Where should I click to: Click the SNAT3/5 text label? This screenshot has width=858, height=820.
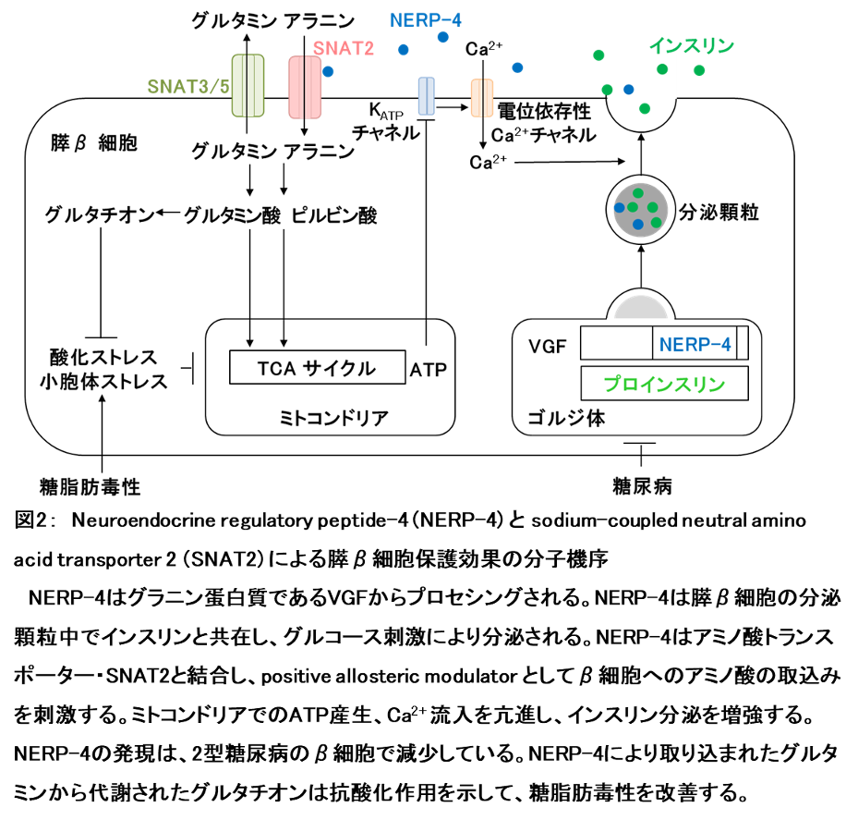pyautogui.click(x=188, y=87)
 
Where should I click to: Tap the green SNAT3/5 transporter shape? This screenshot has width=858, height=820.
pyautogui.click(x=248, y=85)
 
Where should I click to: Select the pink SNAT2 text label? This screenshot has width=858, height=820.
pyautogui.click(x=344, y=49)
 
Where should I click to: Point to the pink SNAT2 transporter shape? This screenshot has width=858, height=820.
pyautogui.click(x=305, y=87)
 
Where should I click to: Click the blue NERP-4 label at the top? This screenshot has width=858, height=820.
pyautogui.click(x=426, y=19)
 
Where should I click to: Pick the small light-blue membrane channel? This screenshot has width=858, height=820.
pyautogui.click(x=426, y=96)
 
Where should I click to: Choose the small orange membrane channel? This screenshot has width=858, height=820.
pyautogui.click(x=482, y=97)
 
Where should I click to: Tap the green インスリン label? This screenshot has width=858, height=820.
pyautogui.click(x=691, y=45)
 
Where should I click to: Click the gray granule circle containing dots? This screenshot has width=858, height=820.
pyautogui.click(x=641, y=209)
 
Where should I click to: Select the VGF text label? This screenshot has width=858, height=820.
pyautogui.click(x=547, y=348)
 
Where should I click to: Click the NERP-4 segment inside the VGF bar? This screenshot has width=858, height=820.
pyautogui.click(x=695, y=344)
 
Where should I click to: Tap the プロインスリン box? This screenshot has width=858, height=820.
pyautogui.click(x=664, y=384)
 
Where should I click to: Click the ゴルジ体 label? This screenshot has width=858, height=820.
pyautogui.click(x=565, y=418)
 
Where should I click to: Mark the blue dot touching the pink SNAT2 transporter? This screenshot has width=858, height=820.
pyautogui.click(x=328, y=71)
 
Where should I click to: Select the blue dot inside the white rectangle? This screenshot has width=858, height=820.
pyautogui.click(x=629, y=90)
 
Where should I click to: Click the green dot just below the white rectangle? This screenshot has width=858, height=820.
pyautogui.click(x=645, y=108)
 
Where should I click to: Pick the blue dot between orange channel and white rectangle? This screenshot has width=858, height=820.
pyautogui.click(x=517, y=67)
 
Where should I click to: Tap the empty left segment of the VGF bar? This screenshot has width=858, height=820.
pyautogui.click(x=616, y=344)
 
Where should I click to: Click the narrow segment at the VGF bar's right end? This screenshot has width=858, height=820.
pyautogui.click(x=743, y=344)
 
